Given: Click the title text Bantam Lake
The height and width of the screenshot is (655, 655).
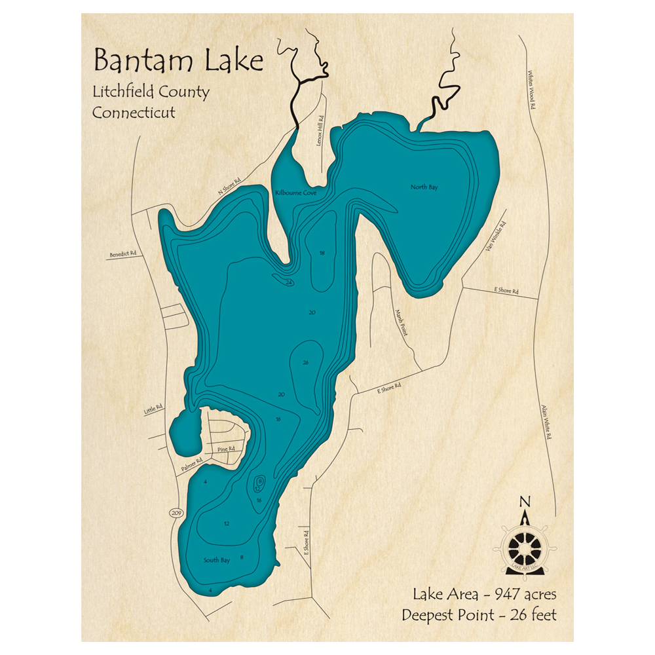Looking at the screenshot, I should coord(178,61).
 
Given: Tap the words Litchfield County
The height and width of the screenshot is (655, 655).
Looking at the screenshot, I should coord(151,92).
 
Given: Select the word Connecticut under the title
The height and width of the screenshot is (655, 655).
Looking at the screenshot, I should coord(134,112).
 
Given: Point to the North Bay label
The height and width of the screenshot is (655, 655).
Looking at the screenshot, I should coord(424,187).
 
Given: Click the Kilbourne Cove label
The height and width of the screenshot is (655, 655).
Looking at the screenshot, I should coord(296,193).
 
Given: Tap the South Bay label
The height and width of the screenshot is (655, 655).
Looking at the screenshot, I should coord(216,560).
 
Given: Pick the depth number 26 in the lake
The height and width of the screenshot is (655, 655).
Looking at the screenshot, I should coord(305,362).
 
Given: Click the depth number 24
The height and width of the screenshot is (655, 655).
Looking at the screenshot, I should coord(289,282).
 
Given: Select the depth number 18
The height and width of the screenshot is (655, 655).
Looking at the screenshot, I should coord(322,253).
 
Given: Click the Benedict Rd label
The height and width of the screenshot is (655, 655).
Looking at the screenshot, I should coord(124,253).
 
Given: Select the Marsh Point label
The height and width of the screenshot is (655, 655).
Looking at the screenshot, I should coord(401,322).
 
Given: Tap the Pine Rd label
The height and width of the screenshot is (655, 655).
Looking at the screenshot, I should coord(226,449).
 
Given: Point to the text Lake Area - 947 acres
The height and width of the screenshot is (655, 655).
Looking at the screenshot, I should coord(484,595).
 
